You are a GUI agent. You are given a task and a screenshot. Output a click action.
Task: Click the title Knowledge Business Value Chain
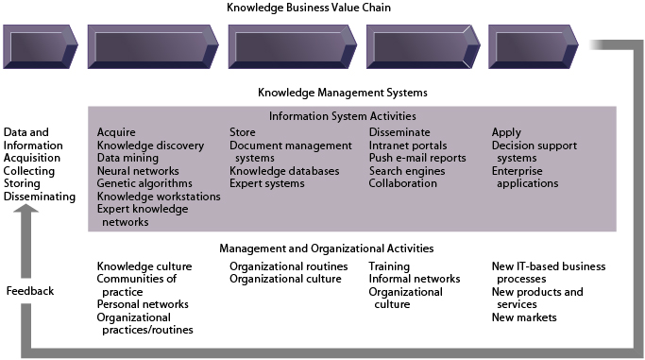coord(321,9)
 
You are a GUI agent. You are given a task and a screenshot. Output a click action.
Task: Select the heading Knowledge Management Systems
coord(342,93)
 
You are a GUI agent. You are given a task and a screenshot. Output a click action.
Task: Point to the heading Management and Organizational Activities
coord(326,249)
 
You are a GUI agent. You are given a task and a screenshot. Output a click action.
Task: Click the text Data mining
coord(127,158)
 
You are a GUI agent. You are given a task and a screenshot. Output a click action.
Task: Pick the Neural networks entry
coord(138,171)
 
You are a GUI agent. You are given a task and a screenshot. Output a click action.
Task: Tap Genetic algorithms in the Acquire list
coord(144,183)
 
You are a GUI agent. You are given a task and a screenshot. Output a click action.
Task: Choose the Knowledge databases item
coord(283,171)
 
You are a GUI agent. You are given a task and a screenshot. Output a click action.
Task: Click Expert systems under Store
coord(267,183)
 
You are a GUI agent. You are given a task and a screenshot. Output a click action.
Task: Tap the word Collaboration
coord(403,183)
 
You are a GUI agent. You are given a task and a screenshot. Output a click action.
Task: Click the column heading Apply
coord(506,132)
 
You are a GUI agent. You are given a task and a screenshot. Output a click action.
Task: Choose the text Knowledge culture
coord(144,266)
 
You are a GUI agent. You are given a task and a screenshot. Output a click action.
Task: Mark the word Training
coord(389,266)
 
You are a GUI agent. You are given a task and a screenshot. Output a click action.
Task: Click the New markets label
coord(524,317)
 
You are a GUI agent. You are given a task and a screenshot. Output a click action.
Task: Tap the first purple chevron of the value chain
coord(41,46)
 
